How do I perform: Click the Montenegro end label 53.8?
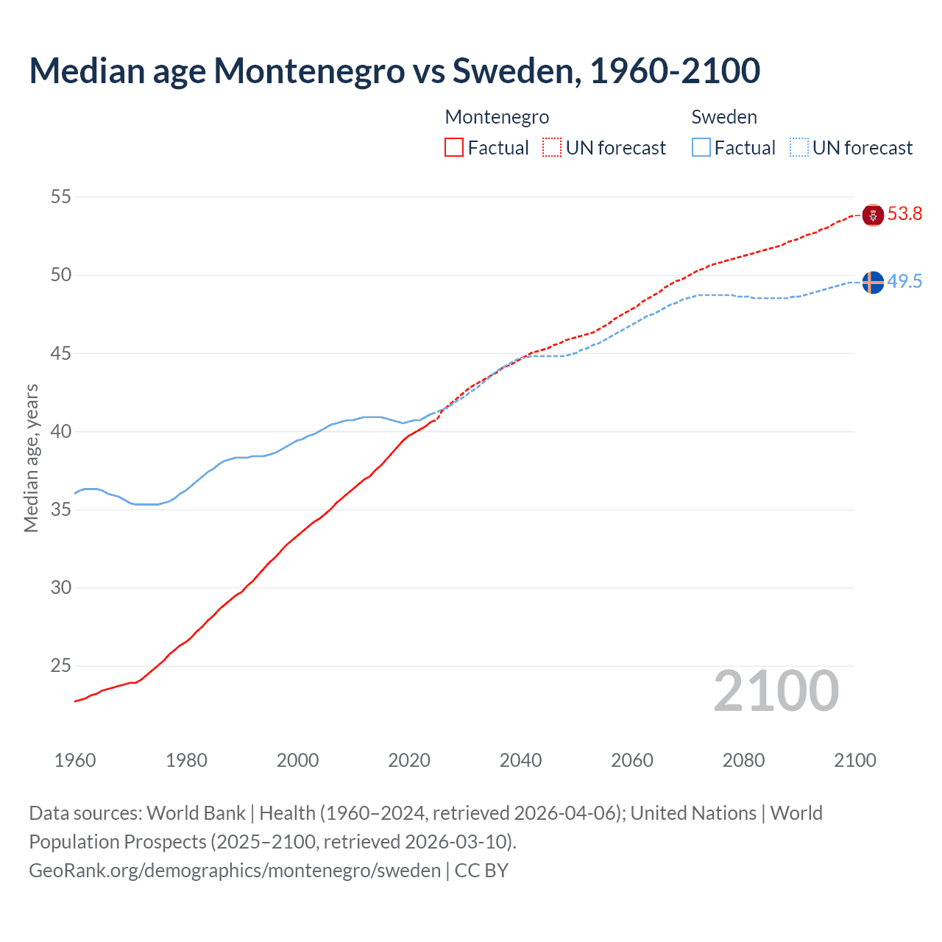coord(904,214)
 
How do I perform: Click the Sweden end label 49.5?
coord(904,282)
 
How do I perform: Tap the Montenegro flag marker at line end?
coord(873,215)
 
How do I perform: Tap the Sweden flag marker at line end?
coord(873,282)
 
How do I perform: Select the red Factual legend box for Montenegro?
coord(454,148)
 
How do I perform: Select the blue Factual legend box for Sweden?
coord(701,148)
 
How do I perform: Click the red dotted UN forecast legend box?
coord(552,148)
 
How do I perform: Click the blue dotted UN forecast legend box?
coord(799,148)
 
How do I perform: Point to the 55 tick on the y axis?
coord(61,196)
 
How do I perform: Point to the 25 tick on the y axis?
coord(61,666)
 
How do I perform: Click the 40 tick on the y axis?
coord(61,431)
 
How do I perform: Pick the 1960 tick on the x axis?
coord(75,760)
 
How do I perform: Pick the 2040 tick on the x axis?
coord(520,760)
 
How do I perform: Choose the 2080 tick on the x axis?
coord(743,760)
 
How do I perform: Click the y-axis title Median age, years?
coord(31,458)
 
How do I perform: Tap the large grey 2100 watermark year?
coord(776,691)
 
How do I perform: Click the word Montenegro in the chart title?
coord(308,71)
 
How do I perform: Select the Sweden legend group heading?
coord(724,117)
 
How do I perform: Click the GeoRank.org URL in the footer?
coord(234,870)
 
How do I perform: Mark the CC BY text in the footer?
coord(481,870)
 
